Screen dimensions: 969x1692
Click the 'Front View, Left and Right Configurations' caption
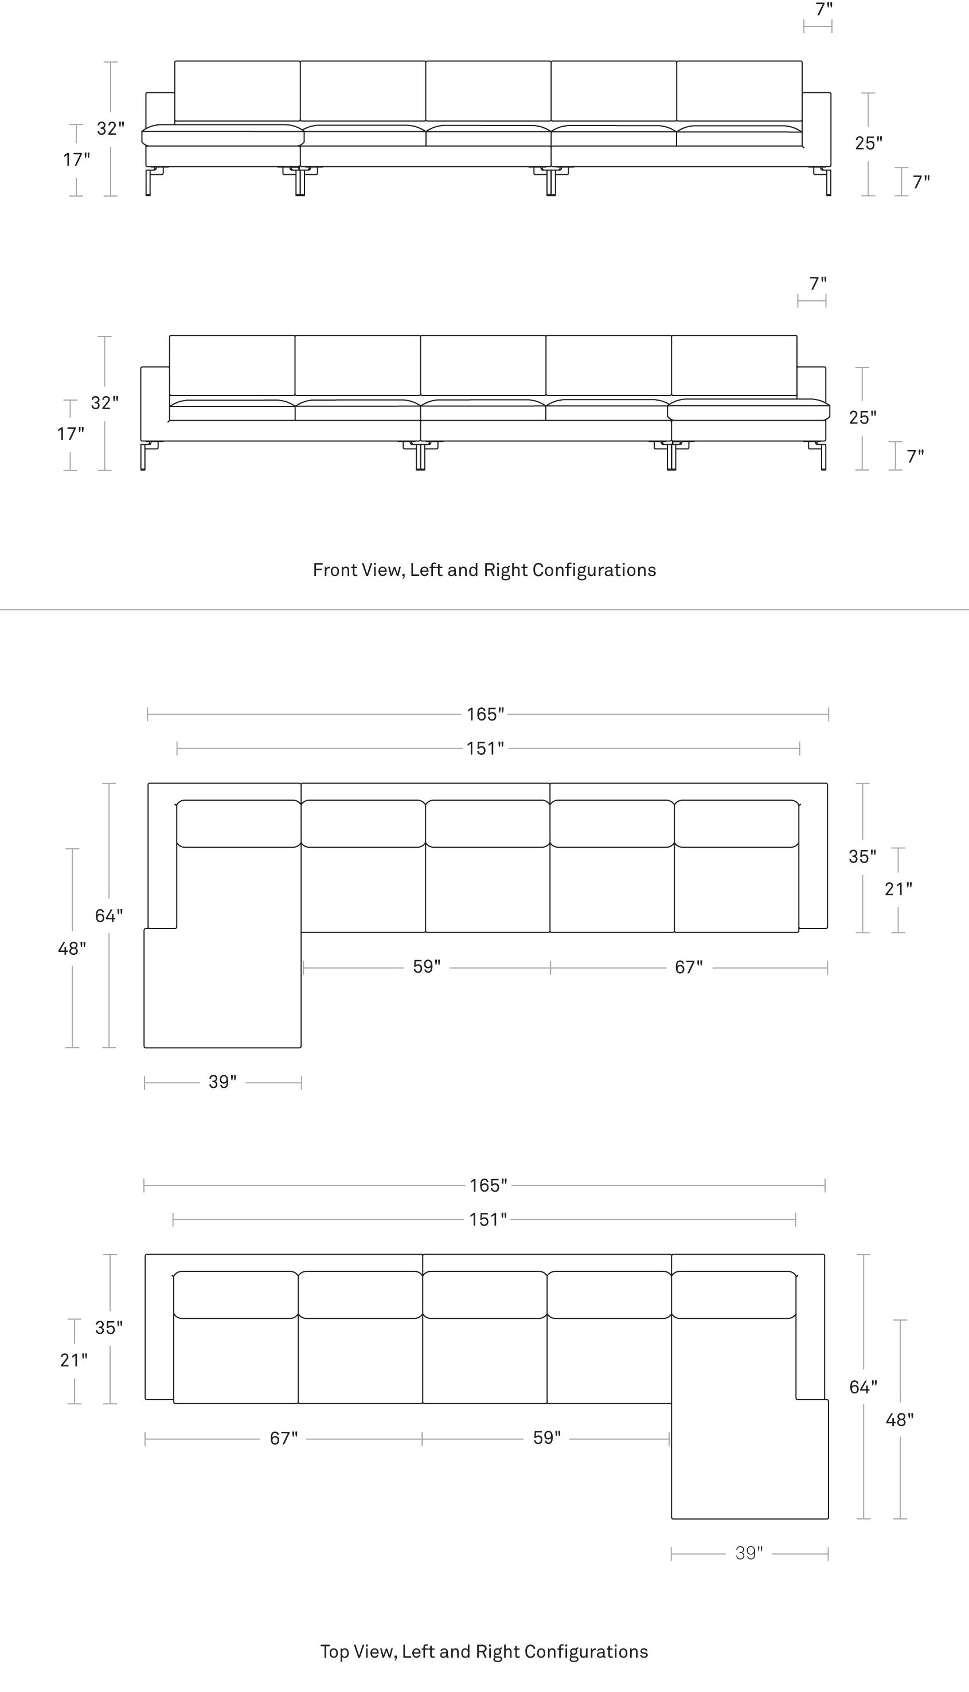484,570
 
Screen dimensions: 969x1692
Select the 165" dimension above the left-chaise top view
485,714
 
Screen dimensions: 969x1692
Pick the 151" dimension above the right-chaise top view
488,1220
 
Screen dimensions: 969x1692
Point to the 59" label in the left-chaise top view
427,967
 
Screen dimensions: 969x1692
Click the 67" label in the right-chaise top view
283,1439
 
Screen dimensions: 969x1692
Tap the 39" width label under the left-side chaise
222,1082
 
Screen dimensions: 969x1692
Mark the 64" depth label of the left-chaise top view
108,916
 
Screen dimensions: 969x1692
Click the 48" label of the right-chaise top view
899,1420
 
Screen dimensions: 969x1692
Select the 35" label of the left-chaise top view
862,857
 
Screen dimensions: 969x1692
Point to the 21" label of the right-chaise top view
74,1361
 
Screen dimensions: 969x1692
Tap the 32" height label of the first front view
111,128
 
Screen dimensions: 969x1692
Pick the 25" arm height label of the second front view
862,418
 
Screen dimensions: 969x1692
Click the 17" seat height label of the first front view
76,159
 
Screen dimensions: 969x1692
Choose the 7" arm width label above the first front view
824,9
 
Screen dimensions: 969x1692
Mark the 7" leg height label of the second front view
916,456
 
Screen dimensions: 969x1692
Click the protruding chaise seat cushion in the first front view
223,135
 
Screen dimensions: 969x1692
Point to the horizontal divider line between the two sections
484,609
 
